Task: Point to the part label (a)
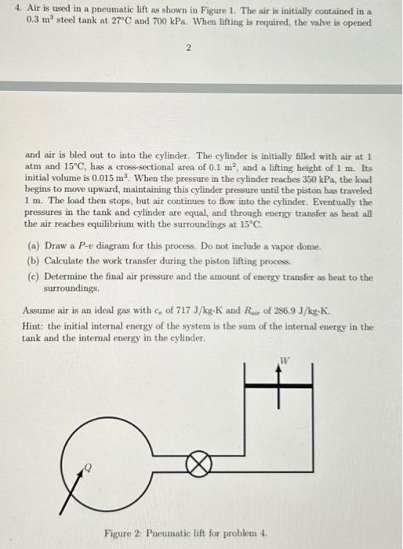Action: pyautogui.click(x=33, y=245)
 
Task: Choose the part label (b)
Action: pyautogui.click(x=33, y=260)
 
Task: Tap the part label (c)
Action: pyautogui.click(x=33, y=276)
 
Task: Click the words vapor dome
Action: pyautogui.click(x=282, y=245)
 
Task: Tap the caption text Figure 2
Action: pyautogui.click(x=124, y=533)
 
